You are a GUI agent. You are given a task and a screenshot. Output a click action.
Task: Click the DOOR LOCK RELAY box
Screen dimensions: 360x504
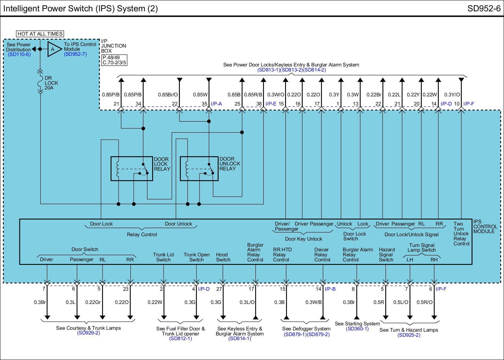pyautogui.click(x=132, y=169)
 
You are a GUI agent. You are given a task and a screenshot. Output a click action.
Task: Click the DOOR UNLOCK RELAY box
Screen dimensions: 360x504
pyautogui.click(x=199, y=169)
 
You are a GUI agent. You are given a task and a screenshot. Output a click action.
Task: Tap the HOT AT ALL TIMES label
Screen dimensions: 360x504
pyautogui.click(x=40, y=34)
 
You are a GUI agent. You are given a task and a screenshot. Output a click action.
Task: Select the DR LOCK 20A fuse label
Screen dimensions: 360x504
pyautogui.click(x=51, y=83)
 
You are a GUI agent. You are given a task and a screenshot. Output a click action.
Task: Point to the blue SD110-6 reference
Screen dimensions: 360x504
pyautogui.click(x=19, y=54)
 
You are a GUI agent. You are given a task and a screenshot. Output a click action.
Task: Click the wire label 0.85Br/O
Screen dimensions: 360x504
pyautogui.click(x=168, y=94)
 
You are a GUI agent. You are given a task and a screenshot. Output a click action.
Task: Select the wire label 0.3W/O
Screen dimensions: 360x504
pyautogui.click(x=276, y=94)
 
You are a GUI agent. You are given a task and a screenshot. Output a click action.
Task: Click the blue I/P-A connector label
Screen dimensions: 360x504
pyautogui.click(x=216, y=104)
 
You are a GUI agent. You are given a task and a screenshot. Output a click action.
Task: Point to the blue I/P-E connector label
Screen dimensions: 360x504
pyautogui.click(x=271, y=104)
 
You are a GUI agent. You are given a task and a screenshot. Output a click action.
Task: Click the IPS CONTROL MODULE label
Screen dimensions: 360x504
pyautogui.click(x=485, y=226)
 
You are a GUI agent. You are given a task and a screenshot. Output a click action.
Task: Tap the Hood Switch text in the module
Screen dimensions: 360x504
pyautogui.click(x=223, y=257)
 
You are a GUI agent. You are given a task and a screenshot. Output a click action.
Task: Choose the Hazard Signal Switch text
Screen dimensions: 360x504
pyautogui.click(x=386, y=254)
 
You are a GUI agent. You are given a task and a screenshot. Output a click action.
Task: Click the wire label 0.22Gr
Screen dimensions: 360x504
pyautogui.click(x=93, y=302)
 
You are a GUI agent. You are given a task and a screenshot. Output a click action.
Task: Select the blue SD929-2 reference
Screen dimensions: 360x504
pyautogui.click(x=89, y=333)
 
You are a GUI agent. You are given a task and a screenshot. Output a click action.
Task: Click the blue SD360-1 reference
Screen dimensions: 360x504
pyautogui.click(x=357, y=329)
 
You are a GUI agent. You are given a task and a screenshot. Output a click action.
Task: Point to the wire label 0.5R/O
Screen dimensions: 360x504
pyautogui.click(x=425, y=302)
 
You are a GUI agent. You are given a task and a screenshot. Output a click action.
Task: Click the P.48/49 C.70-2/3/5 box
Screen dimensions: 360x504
pyautogui.click(x=114, y=60)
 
